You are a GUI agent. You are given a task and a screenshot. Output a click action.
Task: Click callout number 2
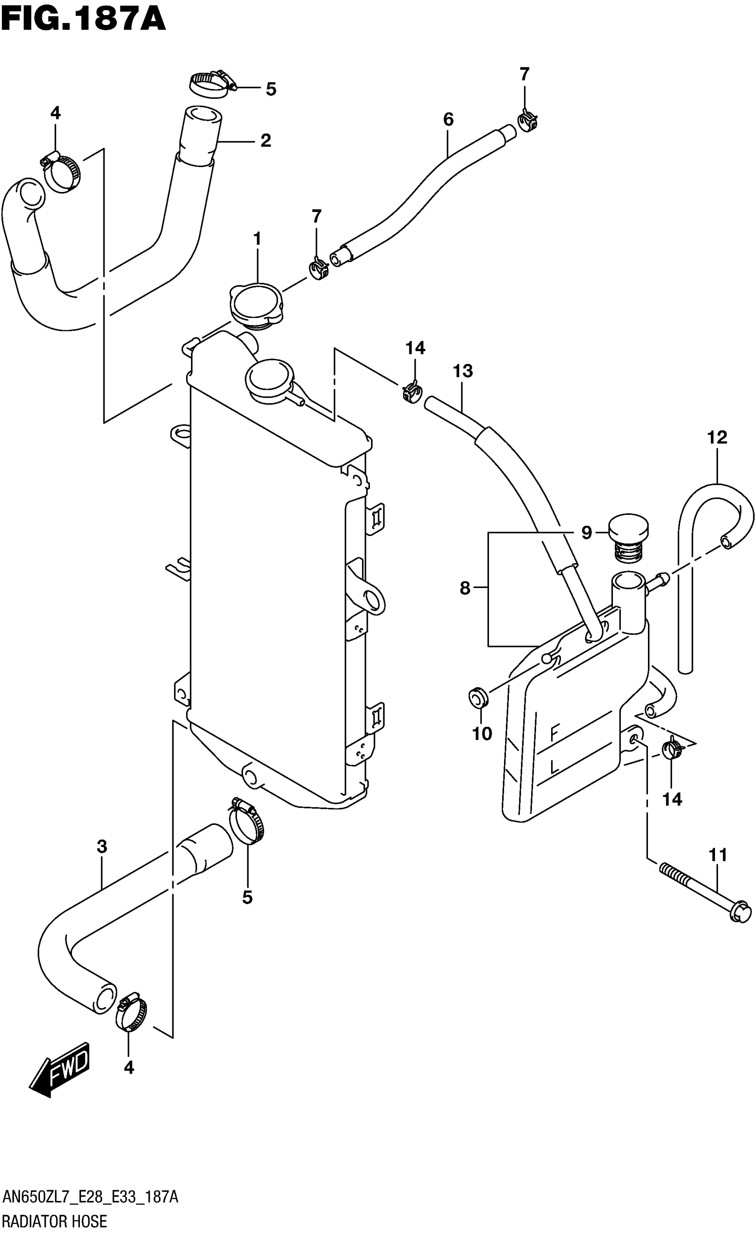click(x=265, y=140)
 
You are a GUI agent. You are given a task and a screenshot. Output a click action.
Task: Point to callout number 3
click(x=102, y=847)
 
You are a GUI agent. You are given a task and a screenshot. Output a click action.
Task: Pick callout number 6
click(x=448, y=120)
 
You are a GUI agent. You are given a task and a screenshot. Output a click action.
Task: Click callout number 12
click(x=717, y=437)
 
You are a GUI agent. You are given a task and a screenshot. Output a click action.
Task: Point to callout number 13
click(x=462, y=371)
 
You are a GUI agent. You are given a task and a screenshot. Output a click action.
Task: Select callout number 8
click(x=465, y=588)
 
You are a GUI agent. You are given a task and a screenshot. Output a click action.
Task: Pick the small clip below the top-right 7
click(x=527, y=121)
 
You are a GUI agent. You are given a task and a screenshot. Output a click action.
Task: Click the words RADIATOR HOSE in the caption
click(x=55, y=1220)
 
